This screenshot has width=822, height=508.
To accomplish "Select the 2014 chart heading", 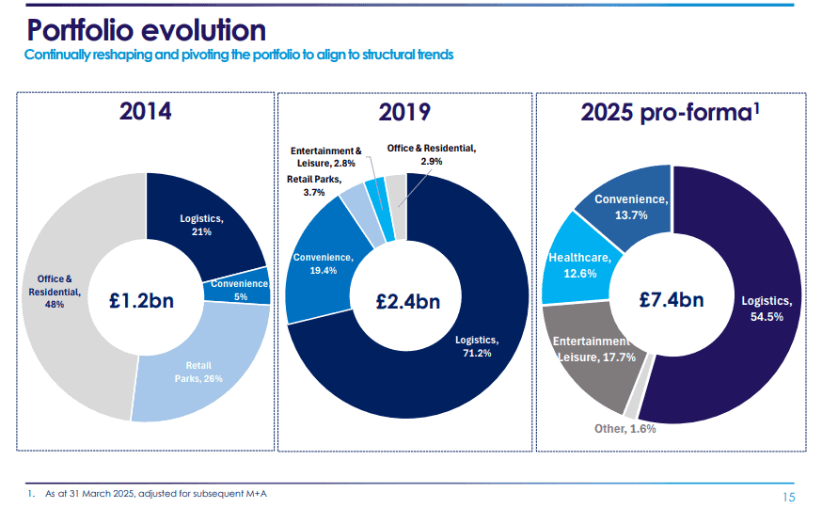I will coord(145,111).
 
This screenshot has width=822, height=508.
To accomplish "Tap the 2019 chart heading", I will coord(404,113).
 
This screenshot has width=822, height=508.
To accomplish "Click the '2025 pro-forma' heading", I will coord(670,113).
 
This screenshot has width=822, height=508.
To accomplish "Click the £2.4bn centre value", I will coord(407,301).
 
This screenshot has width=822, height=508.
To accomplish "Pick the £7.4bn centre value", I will coord(671,300).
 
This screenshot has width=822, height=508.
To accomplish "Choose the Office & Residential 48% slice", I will coord(60,292).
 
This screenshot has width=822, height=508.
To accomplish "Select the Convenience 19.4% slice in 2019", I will coord(322,263).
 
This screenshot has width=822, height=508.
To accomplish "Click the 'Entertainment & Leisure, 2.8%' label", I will coord(325,156).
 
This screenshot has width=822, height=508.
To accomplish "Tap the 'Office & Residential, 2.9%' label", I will coord(432,154).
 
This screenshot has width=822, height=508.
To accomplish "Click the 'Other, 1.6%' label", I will coord(624,428).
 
